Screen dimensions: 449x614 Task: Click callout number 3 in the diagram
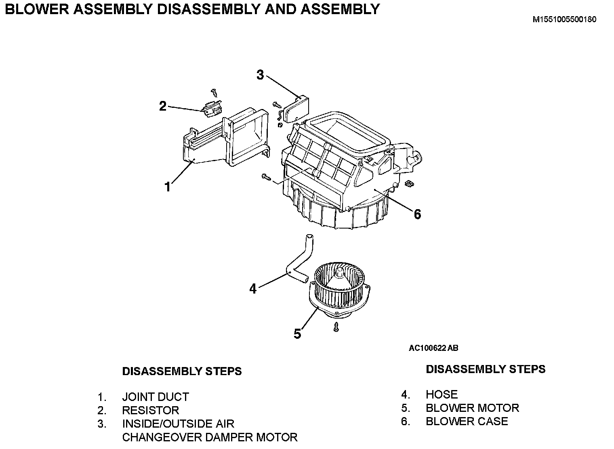(260, 75)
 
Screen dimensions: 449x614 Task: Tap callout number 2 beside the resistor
(162, 106)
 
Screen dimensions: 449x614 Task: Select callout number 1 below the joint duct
(168, 187)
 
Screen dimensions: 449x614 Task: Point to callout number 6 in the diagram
(417, 214)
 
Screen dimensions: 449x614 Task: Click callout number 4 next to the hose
(253, 289)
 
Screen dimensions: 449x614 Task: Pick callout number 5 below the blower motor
(297, 334)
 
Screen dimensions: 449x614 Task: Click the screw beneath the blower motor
(336, 327)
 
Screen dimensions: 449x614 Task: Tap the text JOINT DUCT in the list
(156, 397)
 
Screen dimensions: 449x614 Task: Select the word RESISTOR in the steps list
(150, 410)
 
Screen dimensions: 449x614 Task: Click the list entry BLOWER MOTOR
(472, 408)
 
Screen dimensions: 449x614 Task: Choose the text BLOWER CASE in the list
(467, 421)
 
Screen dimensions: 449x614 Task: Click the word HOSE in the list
(442, 394)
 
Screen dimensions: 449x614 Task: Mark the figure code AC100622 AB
(433, 348)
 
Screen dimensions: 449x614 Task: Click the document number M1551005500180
(564, 19)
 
